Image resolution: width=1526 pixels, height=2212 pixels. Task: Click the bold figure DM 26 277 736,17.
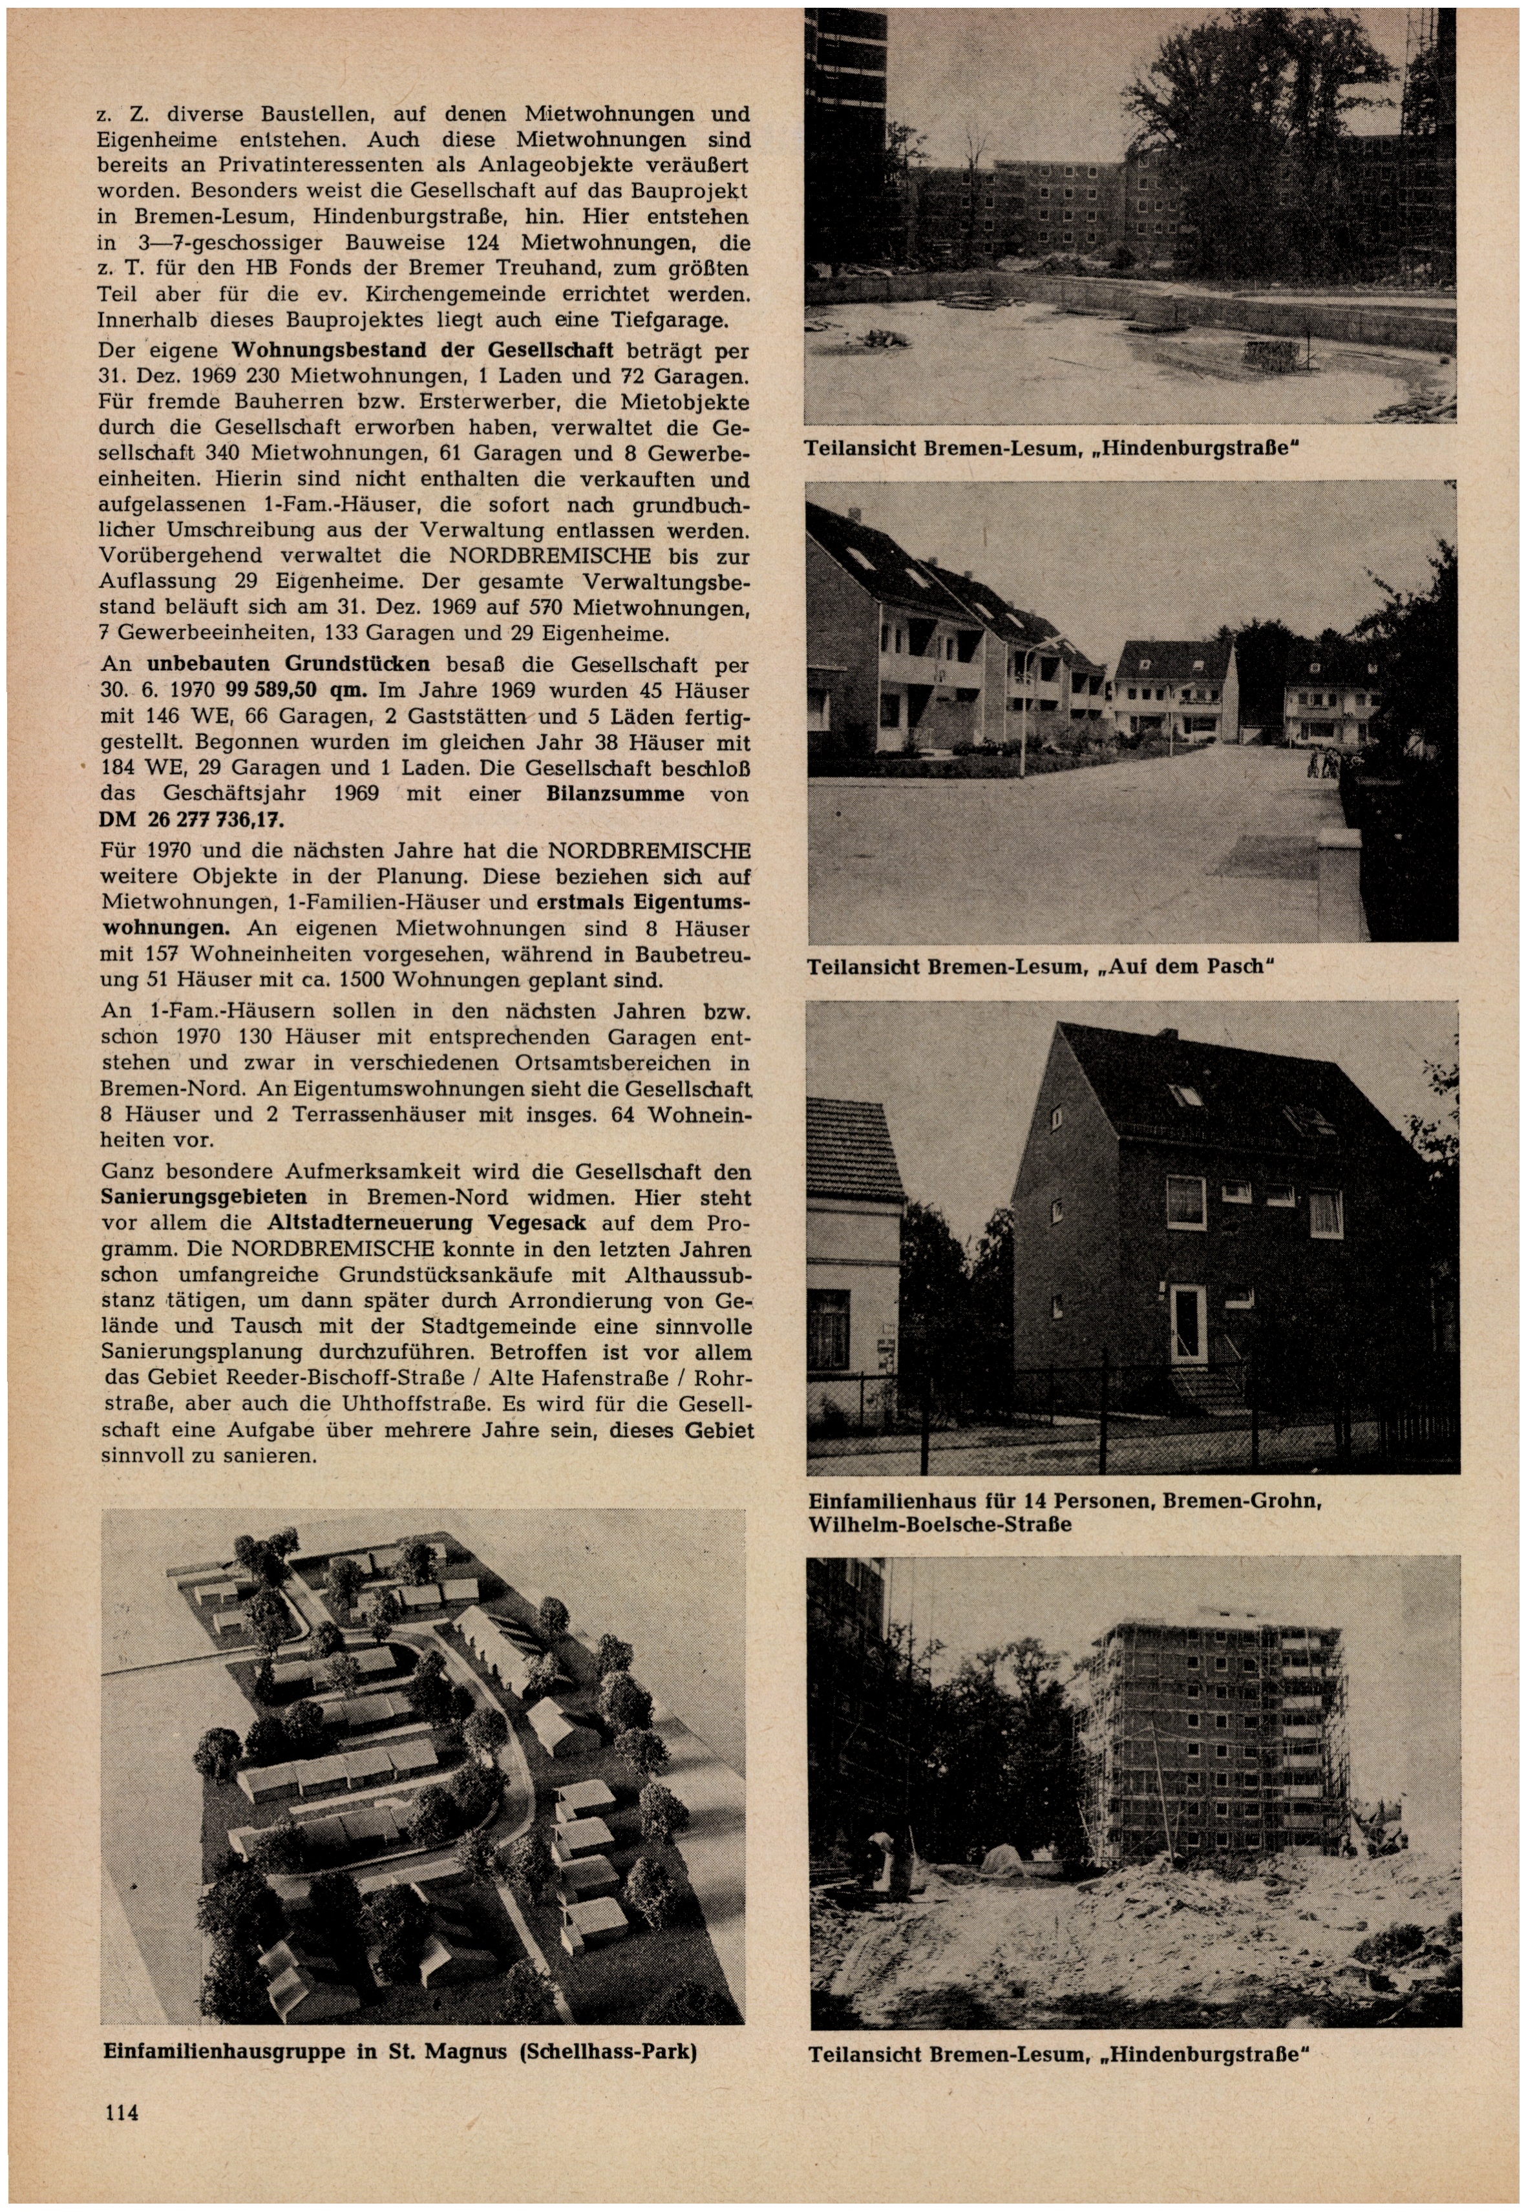[191, 820]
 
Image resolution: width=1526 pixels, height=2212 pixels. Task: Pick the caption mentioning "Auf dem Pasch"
[1041, 967]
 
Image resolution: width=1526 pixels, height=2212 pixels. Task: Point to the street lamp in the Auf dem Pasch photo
[1022, 708]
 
